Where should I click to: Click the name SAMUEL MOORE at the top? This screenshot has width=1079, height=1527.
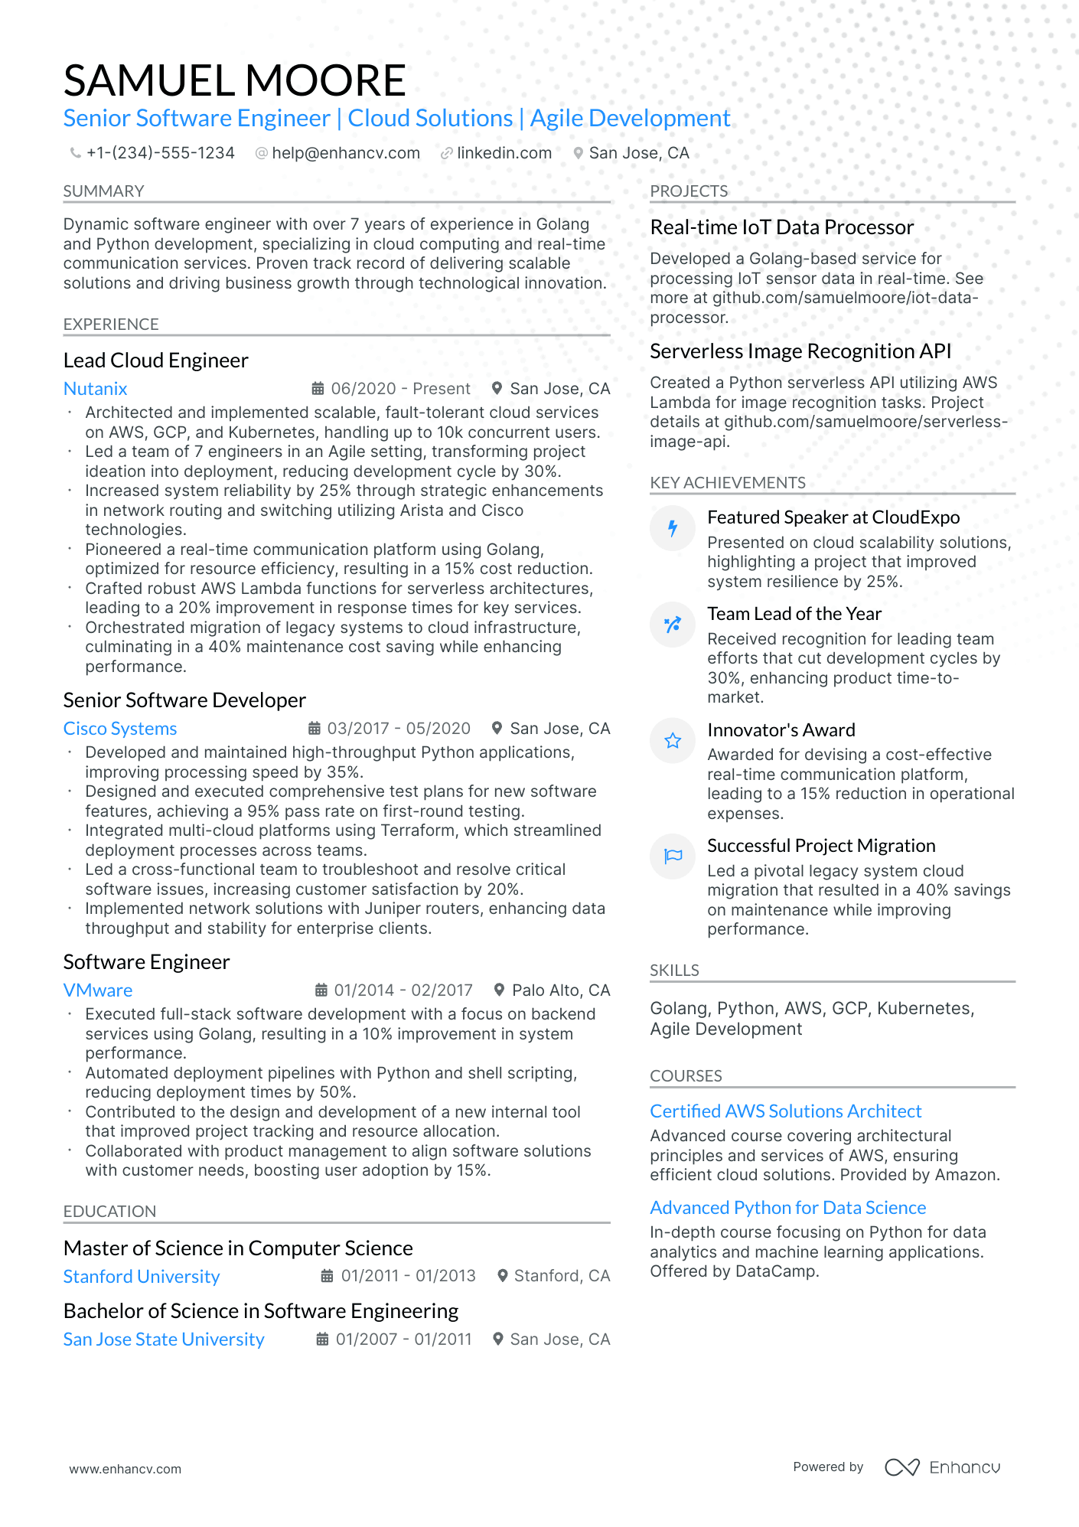point(234,80)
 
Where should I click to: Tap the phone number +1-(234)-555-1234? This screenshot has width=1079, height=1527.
point(160,153)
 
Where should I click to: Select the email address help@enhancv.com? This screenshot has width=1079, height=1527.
point(346,153)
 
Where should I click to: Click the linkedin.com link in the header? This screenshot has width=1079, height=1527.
point(504,153)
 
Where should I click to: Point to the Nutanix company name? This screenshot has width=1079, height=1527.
point(96,389)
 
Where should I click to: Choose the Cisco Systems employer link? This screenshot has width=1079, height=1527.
point(120,729)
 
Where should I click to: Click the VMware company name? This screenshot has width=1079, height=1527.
point(98,990)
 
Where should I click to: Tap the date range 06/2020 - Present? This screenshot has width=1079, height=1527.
point(400,389)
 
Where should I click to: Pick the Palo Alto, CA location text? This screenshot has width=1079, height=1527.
point(561,990)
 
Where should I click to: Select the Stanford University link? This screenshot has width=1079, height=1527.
point(142,1277)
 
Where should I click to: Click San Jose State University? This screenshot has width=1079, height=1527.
point(164,1339)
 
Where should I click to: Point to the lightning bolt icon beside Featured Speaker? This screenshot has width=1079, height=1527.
point(673,528)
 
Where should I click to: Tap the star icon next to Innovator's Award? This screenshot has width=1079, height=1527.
point(673,741)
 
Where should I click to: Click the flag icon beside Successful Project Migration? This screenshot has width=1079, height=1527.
point(673,856)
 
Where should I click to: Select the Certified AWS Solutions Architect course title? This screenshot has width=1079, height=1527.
point(786,1111)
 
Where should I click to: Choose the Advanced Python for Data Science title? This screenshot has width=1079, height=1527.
point(788,1208)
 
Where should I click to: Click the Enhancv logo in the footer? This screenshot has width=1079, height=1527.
point(943,1467)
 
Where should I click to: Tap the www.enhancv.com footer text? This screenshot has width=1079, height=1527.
point(126,1469)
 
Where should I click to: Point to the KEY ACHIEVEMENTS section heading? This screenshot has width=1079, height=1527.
point(728,483)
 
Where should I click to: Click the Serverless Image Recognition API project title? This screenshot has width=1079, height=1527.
point(800,351)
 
